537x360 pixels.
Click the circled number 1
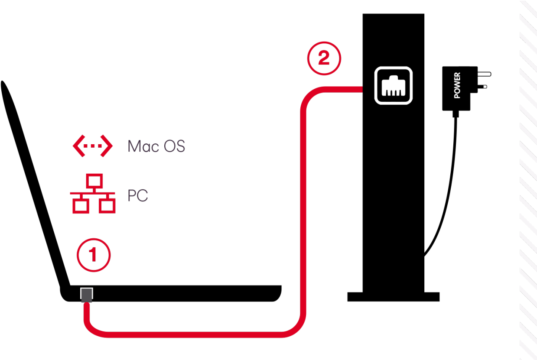point(94,255)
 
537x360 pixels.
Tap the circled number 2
point(324,58)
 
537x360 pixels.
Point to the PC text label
point(138,196)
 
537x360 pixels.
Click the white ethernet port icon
point(393,85)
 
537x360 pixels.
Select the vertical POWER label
point(457,85)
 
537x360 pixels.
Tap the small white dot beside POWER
point(485,87)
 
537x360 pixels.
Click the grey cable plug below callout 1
point(87,295)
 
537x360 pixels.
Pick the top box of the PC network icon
point(93,180)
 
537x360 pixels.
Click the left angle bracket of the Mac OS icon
point(78,146)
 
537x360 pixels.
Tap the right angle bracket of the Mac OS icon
point(107,146)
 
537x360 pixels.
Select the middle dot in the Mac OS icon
point(92,146)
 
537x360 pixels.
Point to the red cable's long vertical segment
point(303,208)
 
